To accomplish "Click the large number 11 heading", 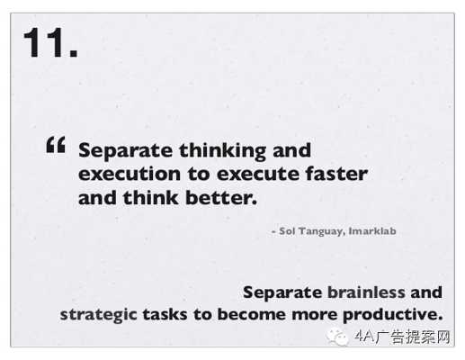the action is click(x=50, y=42).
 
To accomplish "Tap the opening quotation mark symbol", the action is click(x=56, y=145).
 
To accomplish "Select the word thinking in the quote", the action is click(x=222, y=151).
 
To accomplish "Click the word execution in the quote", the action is click(x=130, y=174).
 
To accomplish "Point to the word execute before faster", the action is click(x=258, y=174).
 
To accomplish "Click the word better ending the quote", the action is click(x=221, y=198).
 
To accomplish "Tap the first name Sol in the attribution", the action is click(x=287, y=231).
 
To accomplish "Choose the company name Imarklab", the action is click(x=372, y=231).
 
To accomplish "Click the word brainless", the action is click(x=366, y=292).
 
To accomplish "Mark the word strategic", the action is click(x=99, y=315).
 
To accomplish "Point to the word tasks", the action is click(x=165, y=315).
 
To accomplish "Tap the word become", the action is click(x=252, y=314).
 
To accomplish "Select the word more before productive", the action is click(x=314, y=315).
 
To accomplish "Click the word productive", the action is click(x=393, y=315).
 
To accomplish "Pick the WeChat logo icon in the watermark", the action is click(x=337, y=337).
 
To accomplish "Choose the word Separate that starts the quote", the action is click(x=125, y=151).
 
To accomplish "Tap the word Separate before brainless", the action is click(x=282, y=292).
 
